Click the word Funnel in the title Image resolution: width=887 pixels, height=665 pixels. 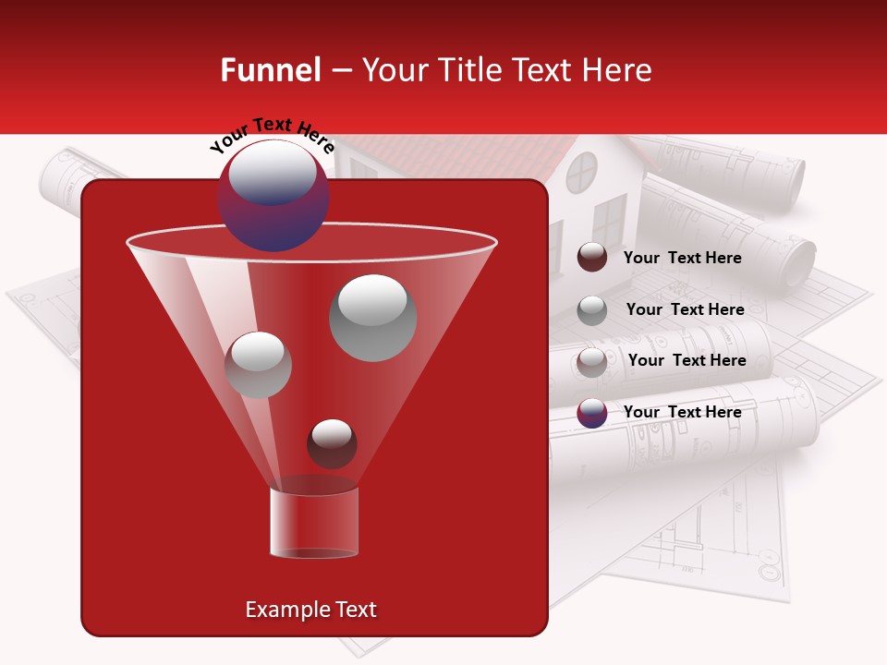click(x=270, y=71)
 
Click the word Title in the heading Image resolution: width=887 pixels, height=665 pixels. click(x=470, y=71)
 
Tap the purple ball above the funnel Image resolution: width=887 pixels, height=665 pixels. click(x=273, y=196)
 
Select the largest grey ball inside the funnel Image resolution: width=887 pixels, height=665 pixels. click(x=373, y=318)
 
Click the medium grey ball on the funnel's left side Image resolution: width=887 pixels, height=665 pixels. click(x=258, y=365)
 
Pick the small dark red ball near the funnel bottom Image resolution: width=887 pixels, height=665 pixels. click(x=332, y=443)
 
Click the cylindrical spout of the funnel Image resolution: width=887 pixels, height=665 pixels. click(x=313, y=523)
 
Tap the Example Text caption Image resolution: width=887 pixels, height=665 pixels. click(x=310, y=610)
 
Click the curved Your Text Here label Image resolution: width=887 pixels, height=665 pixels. click(x=272, y=135)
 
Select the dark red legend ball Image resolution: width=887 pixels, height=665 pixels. click(x=592, y=258)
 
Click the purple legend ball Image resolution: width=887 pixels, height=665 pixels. click(x=592, y=413)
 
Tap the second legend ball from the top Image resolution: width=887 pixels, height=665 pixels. click(x=592, y=310)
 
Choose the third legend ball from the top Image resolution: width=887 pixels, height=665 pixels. click(x=592, y=362)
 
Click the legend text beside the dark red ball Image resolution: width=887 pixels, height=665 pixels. click(x=682, y=258)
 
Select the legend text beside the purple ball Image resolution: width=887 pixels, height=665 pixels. click(x=682, y=412)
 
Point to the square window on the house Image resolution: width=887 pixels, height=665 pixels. click(x=609, y=219)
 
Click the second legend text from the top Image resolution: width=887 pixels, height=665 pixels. click(x=685, y=309)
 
